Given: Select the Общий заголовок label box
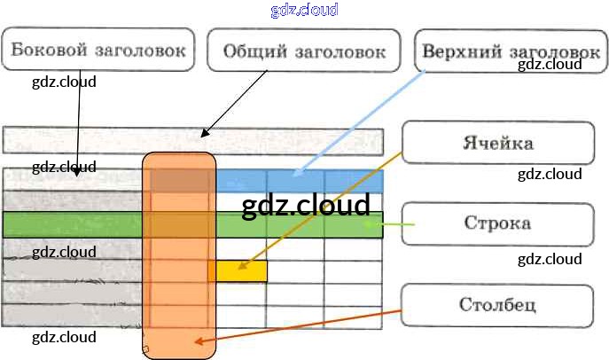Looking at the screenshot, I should tap(304, 51).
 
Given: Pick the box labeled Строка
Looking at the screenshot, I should tap(497, 223).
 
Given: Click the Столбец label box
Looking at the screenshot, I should tap(497, 306).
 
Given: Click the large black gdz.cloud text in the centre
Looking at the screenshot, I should tap(305, 206).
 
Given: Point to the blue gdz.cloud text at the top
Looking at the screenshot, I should tap(304, 11).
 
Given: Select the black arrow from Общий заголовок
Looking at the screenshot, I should tap(235, 104).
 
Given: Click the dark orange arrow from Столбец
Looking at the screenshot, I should tap(301, 325).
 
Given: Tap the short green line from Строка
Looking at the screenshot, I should tap(395, 225).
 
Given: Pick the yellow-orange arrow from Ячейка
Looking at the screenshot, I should tap(319, 213).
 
